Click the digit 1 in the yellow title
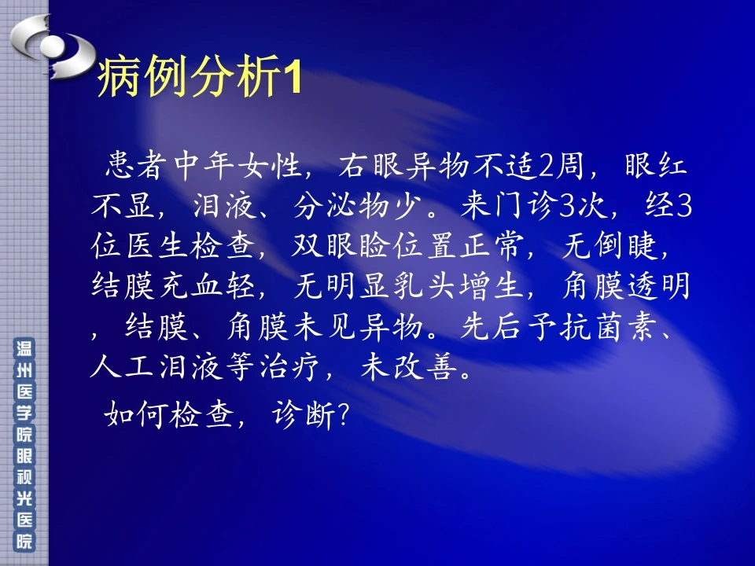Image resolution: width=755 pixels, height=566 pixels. click(293, 78)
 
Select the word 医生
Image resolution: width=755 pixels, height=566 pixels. click(157, 246)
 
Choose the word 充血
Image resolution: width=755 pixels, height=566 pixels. click(190, 286)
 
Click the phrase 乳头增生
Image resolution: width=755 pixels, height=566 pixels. click(456, 286)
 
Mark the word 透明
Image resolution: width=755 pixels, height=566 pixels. click(659, 286)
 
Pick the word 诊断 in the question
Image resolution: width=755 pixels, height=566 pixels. click(304, 414)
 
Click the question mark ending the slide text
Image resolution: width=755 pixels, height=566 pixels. click(344, 415)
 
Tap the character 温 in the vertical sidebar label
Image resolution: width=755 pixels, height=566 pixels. click(24, 348)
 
